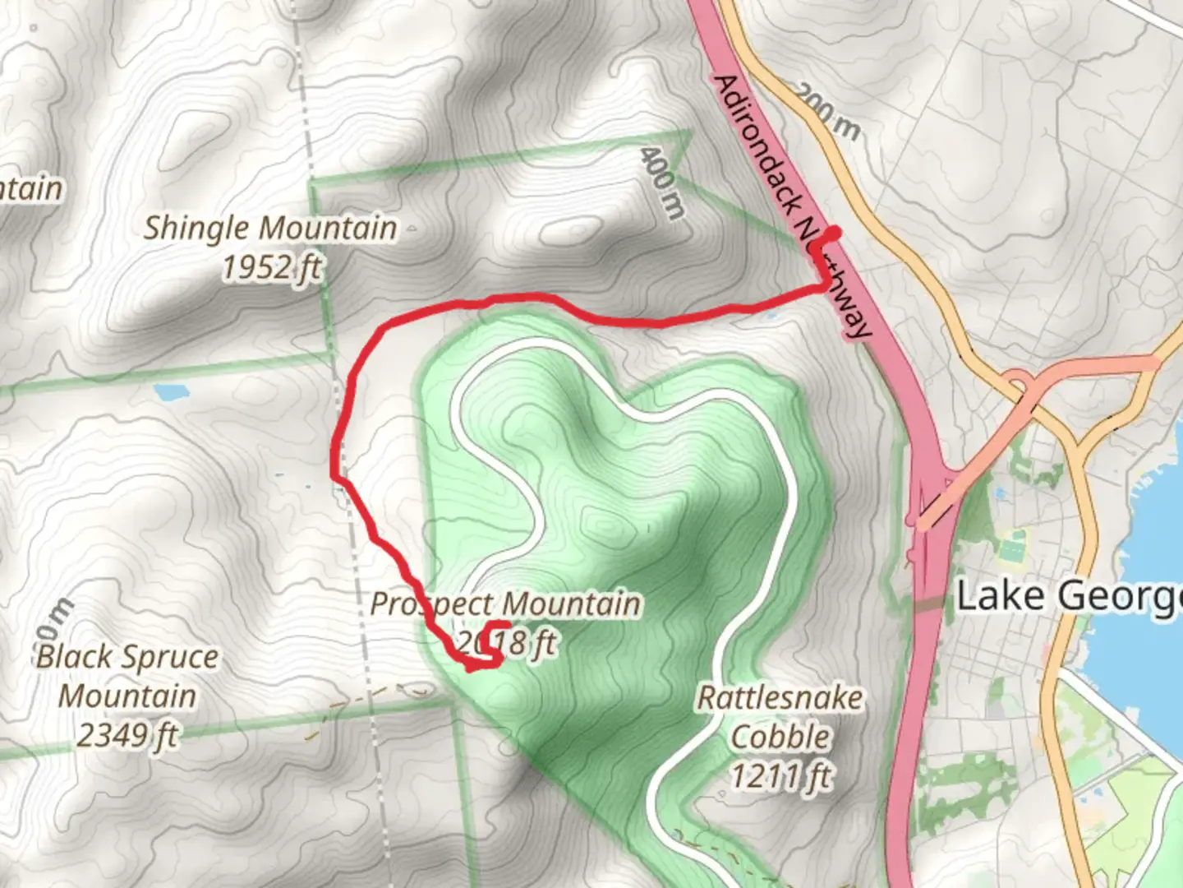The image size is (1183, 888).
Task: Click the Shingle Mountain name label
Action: coord(270,228)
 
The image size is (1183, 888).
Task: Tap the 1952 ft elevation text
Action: coord(272,267)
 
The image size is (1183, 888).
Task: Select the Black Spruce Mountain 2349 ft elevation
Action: coord(127,735)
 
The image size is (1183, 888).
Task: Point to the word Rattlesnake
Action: coord(780,698)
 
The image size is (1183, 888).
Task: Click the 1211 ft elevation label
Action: coord(781,775)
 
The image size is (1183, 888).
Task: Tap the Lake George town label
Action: coord(1068,596)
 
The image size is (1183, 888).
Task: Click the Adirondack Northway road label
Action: coord(792,206)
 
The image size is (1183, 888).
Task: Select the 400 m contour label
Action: coord(663,182)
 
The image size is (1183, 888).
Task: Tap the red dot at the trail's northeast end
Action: coord(833,234)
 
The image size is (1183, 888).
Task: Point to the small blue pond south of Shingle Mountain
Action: coord(171,393)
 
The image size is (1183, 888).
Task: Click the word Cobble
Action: coord(780,737)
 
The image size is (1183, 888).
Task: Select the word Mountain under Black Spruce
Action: coord(127,696)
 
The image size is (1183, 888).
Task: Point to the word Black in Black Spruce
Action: coord(74,657)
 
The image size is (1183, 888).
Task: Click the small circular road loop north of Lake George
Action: coord(1018,382)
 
